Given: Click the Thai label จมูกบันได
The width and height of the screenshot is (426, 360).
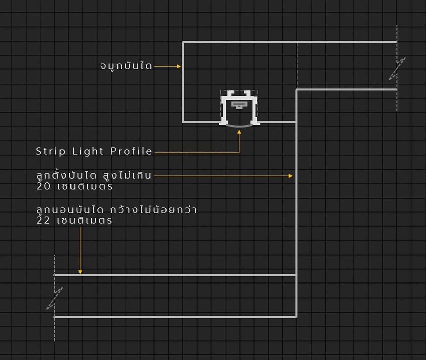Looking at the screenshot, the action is point(126,66).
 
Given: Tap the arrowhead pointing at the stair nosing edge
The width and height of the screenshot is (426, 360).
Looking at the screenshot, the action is point(179,66).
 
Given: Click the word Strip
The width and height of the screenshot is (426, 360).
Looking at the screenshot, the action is point(51,151).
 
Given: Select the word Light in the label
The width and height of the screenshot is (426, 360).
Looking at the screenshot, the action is point(88,151).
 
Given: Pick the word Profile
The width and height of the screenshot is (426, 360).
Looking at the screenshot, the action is point(131,151).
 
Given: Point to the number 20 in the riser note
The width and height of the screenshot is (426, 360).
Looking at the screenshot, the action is point(44,186).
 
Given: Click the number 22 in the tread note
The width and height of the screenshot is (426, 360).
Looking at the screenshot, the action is point(43,220).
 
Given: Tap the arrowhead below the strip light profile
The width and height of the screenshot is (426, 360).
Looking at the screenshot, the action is point(239,132).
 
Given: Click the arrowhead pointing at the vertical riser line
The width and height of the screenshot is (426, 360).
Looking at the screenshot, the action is point(291,176).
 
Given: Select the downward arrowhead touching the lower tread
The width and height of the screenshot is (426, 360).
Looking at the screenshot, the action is point(80,272).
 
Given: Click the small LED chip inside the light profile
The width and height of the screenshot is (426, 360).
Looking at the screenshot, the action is point(239,105).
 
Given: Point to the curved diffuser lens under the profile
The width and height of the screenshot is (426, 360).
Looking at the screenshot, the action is point(239,126).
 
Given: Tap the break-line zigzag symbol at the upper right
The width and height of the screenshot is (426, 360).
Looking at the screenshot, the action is point(397,68).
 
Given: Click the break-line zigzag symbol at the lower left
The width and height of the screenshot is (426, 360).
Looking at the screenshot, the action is point(54,298).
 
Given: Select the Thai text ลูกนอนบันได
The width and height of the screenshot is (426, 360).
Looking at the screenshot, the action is point(70,210).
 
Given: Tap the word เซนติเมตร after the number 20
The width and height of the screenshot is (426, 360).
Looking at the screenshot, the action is point(85,186).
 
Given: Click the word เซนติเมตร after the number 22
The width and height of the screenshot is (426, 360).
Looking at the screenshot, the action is point(85,220).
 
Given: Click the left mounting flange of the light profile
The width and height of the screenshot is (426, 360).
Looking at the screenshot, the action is point(222,123).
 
